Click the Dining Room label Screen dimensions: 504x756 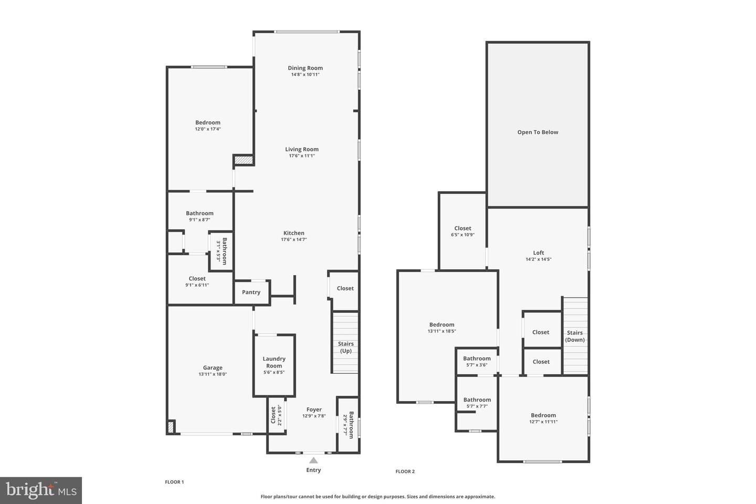pos(305,68)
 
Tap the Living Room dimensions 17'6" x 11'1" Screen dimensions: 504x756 pos(302,156)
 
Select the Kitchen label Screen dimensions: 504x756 pos(293,233)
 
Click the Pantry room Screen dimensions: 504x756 pos(251,292)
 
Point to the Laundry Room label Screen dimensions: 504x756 pos(274,362)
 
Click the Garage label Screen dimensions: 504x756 pos(213,367)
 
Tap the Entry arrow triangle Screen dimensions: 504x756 pos(313,460)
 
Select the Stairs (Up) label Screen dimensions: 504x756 pos(345,348)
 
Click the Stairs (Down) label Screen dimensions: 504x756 pos(575,336)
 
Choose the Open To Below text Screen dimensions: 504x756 pos(538,132)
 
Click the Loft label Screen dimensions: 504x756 pos(539,253)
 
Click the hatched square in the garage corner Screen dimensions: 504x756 pos(171,427)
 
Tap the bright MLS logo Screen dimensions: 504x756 pos(41,490)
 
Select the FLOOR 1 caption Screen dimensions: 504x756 pos(174,482)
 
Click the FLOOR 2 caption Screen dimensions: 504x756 pos(405,471)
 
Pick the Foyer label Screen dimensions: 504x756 pos(314,409)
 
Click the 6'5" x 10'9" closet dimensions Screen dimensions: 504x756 pos(463,235)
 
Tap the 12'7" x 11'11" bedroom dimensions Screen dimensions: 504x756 pos(543,422)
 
